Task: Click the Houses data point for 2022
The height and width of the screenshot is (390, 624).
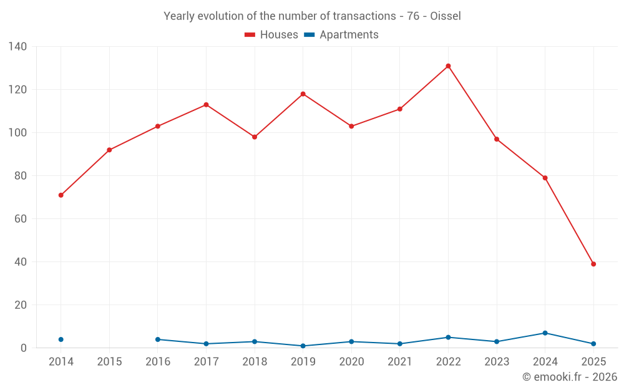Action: [x=448, y=66]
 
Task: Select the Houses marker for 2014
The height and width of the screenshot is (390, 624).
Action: [x=61, y=195]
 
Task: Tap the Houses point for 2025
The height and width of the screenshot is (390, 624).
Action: [x=593, y=264]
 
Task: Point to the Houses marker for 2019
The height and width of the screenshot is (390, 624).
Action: [x=303, y=94]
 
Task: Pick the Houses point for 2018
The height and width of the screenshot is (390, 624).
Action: [x=255, y=137]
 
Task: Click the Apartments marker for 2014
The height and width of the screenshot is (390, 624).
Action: [x=61, y=339]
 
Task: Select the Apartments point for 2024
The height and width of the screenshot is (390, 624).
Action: [x=545, y=333]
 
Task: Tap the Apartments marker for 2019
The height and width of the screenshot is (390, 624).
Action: [x=303, y=346]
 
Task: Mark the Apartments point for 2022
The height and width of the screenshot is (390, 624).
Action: [x=448, y=338]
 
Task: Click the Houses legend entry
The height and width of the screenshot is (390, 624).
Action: [x=271, y=35]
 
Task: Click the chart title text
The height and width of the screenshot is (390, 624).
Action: [x=312, y=16]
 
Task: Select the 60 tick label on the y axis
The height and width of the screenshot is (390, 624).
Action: [x=20, y=219]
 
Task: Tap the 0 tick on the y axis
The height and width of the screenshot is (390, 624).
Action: [x=23, y=348]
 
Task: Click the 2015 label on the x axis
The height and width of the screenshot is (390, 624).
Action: [x=109, y=362]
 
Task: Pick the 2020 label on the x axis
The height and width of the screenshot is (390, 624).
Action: [x=351, y=362]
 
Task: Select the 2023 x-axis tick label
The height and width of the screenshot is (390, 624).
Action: [x=497, y=362]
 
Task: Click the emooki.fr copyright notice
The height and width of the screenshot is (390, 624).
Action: [x=569, y=377]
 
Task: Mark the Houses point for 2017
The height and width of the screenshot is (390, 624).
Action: [x=206, y=105]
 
